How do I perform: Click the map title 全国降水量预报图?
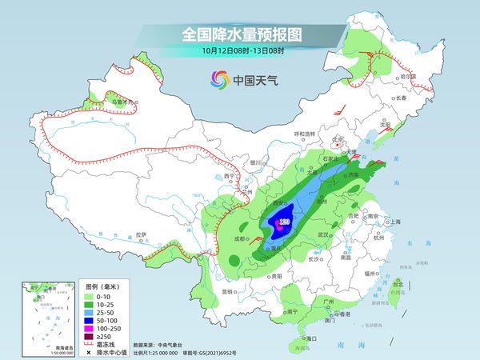(239, 35)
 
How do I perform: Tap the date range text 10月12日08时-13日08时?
(239, 51)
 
